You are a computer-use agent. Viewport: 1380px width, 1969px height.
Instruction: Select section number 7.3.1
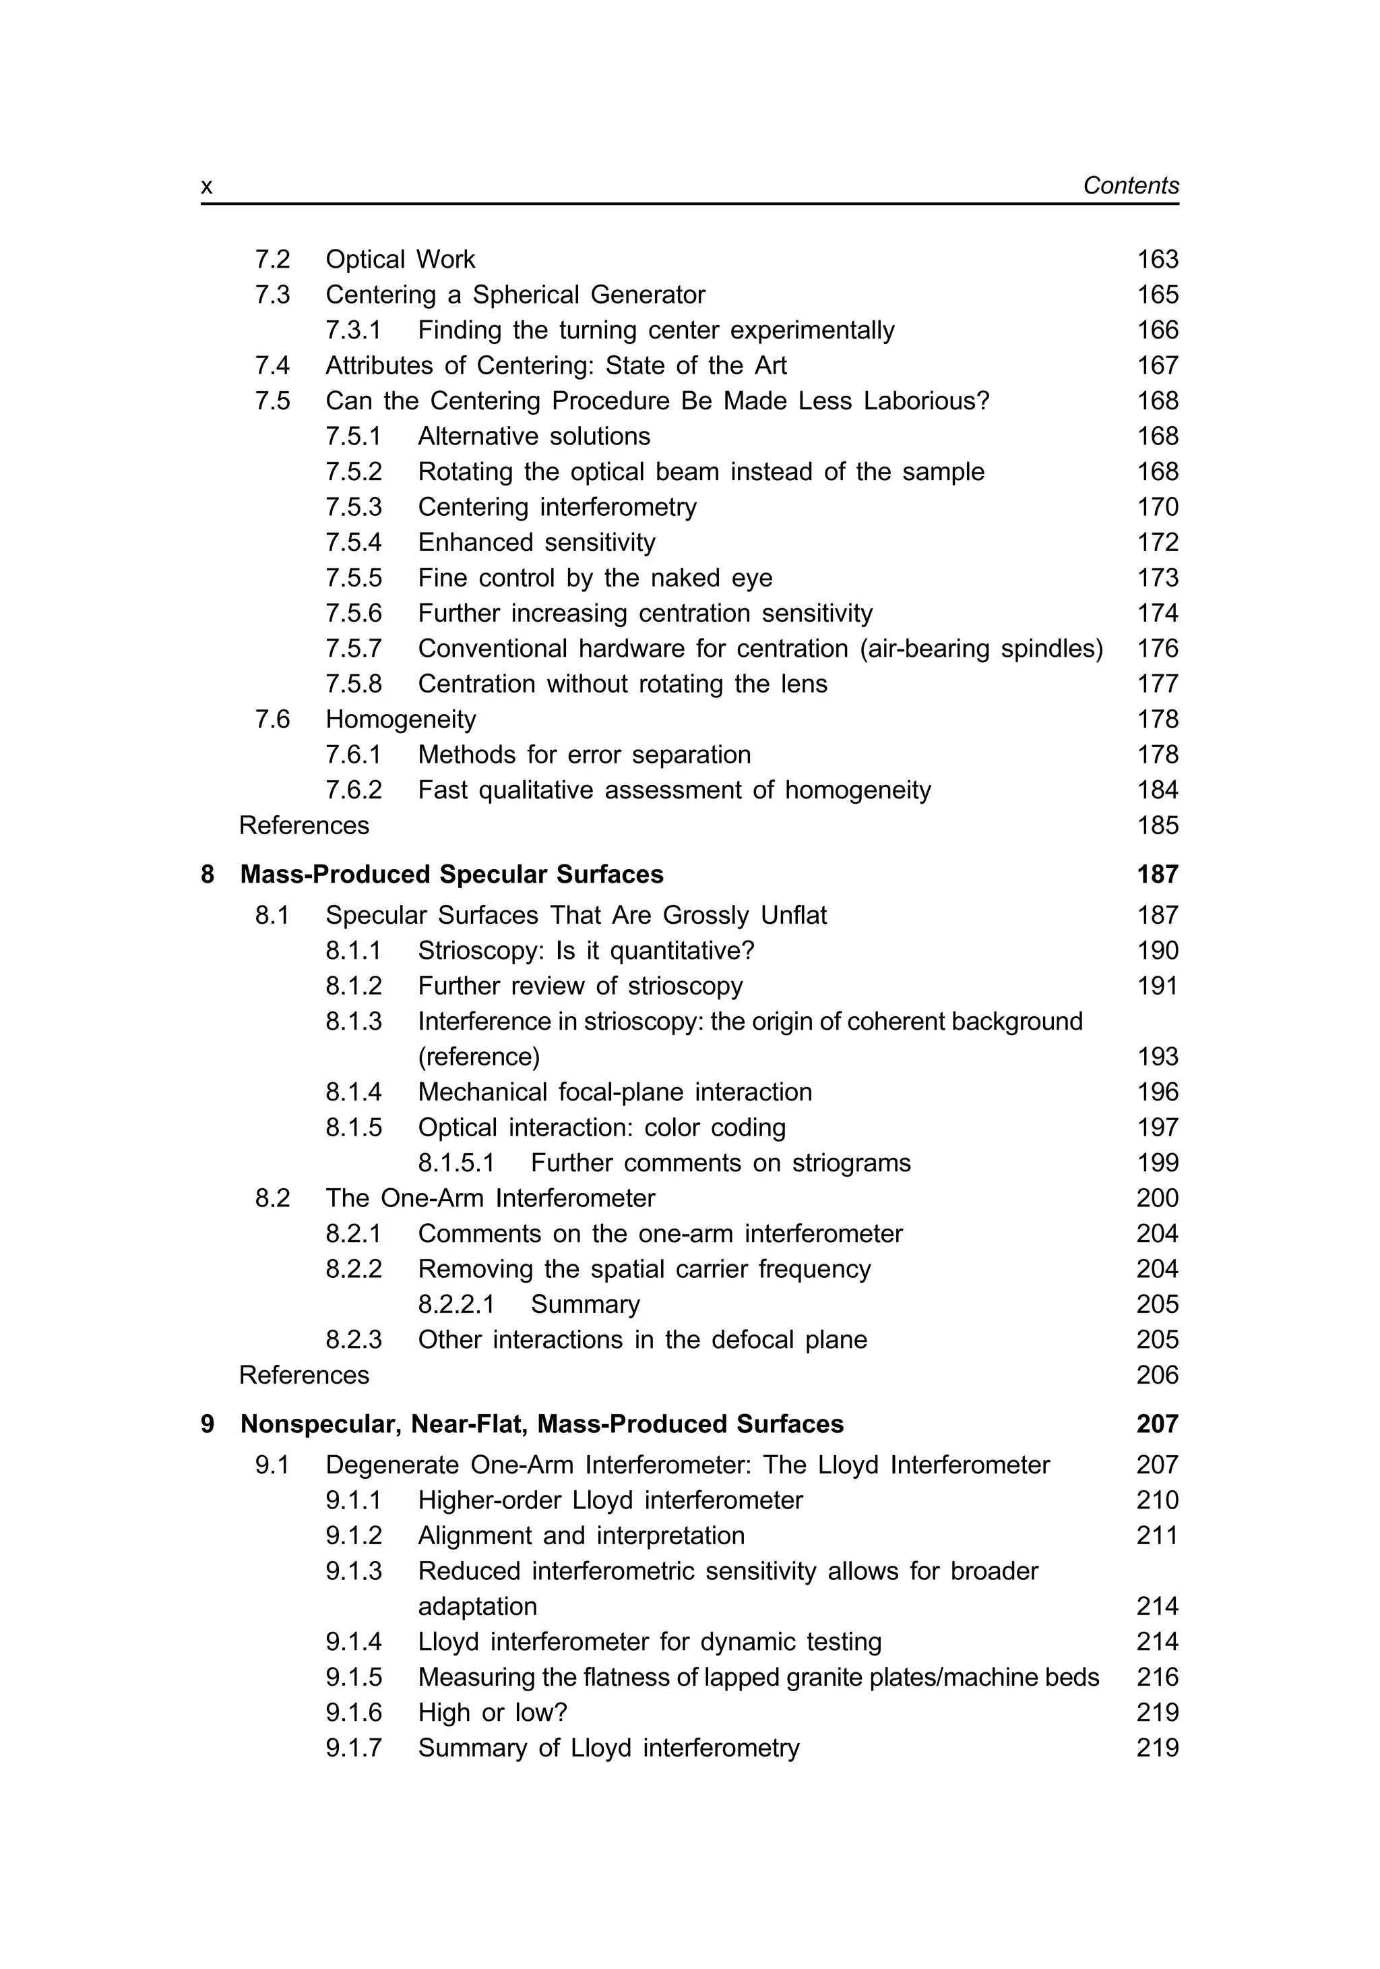click(353, 330)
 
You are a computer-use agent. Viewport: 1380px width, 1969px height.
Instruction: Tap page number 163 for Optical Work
click(1157, 259)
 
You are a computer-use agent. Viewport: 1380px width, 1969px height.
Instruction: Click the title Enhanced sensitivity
click(536, 542)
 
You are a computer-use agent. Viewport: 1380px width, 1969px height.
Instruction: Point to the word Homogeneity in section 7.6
click(400, 719)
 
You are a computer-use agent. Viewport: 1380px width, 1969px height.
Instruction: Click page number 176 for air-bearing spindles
click(1157, 648)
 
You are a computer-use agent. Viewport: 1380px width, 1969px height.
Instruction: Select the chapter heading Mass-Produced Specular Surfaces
click(451, 874)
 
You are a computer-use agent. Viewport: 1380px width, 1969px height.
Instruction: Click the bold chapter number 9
click(208, 1423)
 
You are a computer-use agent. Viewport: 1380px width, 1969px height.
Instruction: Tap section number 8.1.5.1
click(456, 1163)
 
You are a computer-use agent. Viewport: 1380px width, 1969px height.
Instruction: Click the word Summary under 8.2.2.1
click(585, 1304)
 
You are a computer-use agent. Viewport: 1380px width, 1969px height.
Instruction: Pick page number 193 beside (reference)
click(1157, 1057)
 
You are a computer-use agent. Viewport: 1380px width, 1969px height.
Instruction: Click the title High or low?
click(492, 1713)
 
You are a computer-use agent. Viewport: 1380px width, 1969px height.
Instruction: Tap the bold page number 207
click(1157, 1423)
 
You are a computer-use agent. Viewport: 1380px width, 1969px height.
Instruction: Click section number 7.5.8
click(353, 684)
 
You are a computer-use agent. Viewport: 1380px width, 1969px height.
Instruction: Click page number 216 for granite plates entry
click(1157, 1676)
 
